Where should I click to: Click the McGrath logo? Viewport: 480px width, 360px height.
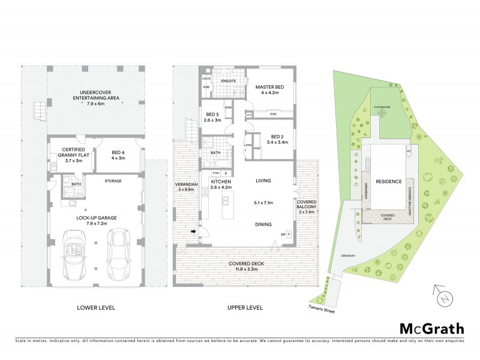[x=431, y=328]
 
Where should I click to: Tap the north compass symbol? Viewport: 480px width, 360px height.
[x=442, y=296]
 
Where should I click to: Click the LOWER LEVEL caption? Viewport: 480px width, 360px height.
[x=96, y=308]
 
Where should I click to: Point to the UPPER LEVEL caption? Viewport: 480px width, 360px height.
[x=245, y=308]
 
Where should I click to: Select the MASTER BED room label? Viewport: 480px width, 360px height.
[x=269, y=91]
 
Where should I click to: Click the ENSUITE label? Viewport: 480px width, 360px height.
[x=229, y=80]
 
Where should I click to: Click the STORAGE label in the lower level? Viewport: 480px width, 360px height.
[x=113, y=181]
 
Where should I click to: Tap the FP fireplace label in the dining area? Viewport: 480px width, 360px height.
[x=283, y=234]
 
